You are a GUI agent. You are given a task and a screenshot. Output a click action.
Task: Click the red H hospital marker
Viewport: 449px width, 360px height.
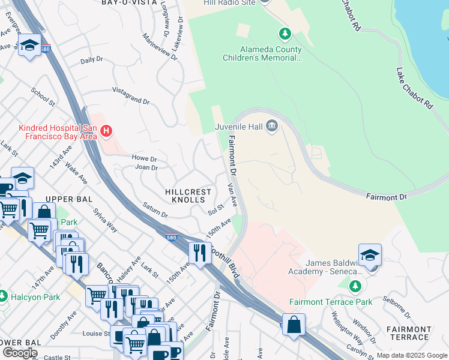pyautogui.click(x=106, y=130)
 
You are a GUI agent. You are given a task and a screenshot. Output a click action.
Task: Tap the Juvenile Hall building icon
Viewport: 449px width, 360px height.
pyautogui.click(x=271, y=125)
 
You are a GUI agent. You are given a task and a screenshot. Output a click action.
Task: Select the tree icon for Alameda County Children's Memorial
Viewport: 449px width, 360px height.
pyautogui.click(x=285, y=32)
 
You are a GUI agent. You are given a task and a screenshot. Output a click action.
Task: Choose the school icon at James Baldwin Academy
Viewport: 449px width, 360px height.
pyautogui.click(x=370, y=254)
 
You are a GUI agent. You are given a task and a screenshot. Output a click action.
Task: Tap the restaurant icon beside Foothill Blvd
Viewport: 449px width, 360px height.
pyautogui.click(x=199, y=252)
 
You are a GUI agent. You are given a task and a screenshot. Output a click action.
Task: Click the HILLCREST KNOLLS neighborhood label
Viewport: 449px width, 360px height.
pyautogui.click(x=188, y=196)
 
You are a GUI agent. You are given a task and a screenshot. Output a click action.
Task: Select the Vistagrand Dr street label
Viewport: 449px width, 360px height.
pyautogui.click(x=131, y=97)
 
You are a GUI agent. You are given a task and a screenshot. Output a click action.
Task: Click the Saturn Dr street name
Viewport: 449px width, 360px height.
pyautogui.click(x=155, y=210)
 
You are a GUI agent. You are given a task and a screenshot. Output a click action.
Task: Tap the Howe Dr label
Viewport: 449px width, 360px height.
pyautogui.click(x=144, y=158)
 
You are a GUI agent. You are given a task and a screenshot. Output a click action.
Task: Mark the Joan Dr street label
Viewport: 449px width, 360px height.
pyautogui.click(x=146, y=167)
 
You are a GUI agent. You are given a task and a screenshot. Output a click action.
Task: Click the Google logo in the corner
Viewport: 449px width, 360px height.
pyautogui.click(x=20, y=352)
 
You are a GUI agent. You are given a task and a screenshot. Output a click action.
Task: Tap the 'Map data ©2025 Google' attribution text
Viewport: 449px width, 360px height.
pyautogui.click(x=411, y=355)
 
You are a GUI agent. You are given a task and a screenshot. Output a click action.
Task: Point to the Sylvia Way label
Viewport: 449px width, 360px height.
pyautogui.click(x=104, y=220)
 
